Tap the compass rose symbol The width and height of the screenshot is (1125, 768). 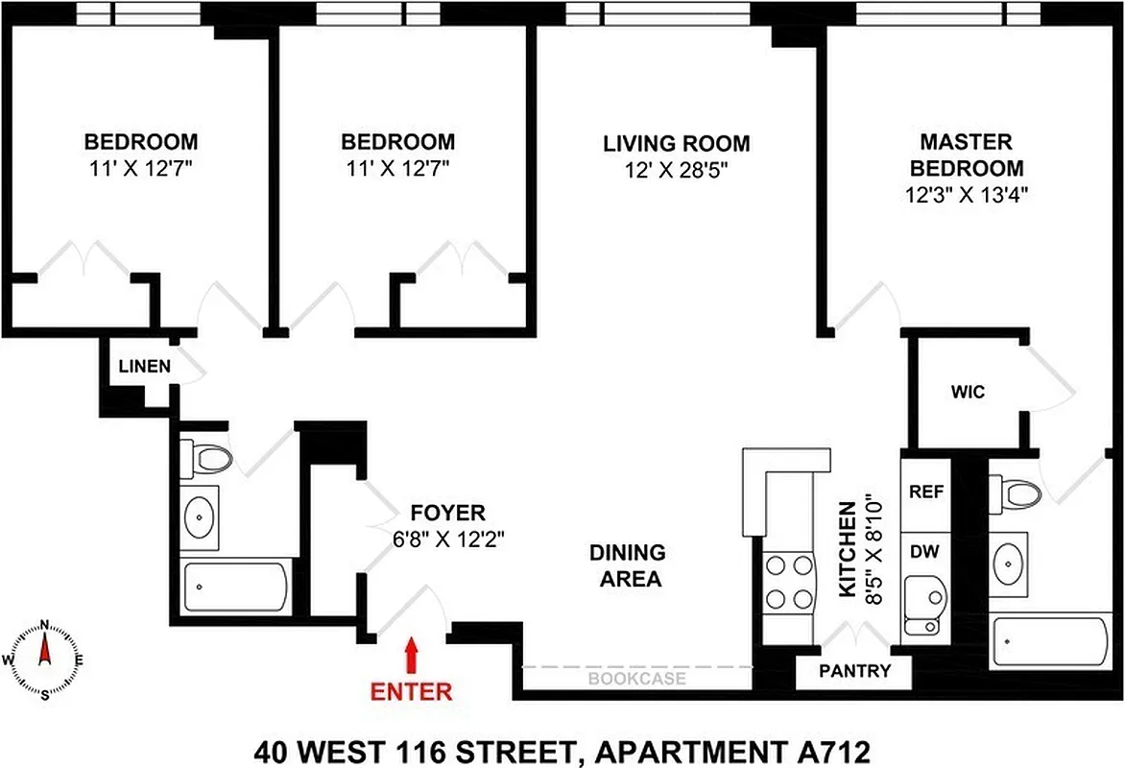click(x=44, y=660)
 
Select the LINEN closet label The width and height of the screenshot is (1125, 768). click(x=145, y=366)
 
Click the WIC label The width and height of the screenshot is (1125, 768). click(x=969, y=393)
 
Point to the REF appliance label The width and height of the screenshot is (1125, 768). click(x=926, y=492)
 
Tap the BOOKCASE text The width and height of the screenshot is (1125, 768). click(x=637, y=679)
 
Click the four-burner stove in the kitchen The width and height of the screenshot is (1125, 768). click(x=789, y=582)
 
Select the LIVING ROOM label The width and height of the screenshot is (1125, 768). click(x=676, y=144)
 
